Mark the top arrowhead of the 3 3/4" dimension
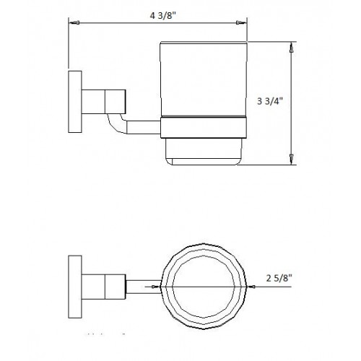coord(291,47)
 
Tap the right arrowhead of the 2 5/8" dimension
coord(249,287)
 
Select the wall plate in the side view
coord(73,102)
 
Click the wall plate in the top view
coord(73,287)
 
